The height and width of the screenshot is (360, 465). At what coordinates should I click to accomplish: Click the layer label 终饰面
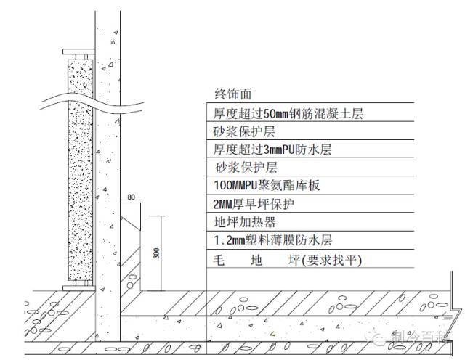(233, 94)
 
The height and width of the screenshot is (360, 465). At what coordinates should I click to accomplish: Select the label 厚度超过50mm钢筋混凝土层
(288, 113)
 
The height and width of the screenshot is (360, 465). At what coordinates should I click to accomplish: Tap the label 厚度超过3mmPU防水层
(272, 150)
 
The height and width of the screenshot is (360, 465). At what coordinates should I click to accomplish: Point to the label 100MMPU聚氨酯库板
(267, 186)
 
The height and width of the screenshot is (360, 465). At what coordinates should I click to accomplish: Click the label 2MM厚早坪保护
(254, 204)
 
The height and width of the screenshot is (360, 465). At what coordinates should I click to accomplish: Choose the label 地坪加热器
(245, 222)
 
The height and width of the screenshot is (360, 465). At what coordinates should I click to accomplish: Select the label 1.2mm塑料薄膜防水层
(272, 240)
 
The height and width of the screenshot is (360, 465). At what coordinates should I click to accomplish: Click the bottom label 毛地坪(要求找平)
(288, 261)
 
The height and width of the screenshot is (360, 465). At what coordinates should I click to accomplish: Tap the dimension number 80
(131, 197)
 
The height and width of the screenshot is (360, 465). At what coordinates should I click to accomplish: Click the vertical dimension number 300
(156, 253)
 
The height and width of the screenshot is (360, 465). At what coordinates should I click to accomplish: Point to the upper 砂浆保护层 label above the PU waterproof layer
(244, 131)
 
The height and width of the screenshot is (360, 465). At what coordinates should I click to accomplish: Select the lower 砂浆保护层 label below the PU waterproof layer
(246, 168)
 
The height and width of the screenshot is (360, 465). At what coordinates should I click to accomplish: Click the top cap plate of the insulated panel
(79, 52)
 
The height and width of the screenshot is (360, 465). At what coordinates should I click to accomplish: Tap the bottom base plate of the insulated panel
(79, 288)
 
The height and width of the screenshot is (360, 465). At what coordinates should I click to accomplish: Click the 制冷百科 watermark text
(420, 337)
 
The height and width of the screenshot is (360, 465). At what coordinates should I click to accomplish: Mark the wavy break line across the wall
(92, 104)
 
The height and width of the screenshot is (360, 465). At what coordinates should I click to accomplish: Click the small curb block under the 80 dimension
(131, 216)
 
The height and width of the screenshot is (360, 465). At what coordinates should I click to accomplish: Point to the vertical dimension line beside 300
(161, 253)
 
